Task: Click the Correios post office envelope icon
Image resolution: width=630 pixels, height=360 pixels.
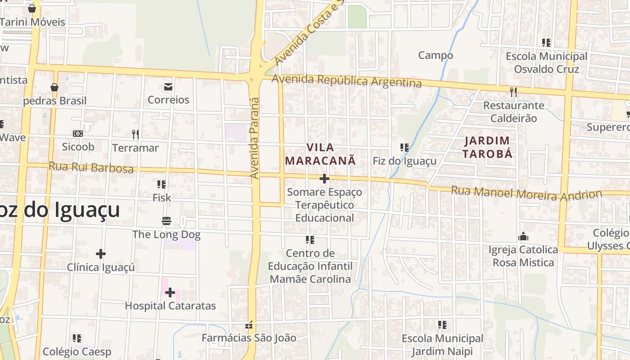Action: pyautogui.click(x=168, y=87)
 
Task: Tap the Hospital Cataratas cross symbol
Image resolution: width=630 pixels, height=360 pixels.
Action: pyautogui.click(x=170, y=293)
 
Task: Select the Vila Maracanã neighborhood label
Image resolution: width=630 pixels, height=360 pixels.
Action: pyautogui.click(x=320, y=154)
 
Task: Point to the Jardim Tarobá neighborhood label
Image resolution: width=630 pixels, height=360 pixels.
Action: pyautogui.click(x=488, y=147)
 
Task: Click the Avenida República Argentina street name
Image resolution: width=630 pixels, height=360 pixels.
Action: pyautogui.click(x=347, y=81)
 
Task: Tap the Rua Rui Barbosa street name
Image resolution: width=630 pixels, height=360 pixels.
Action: pyautogui.click(x=91, y=167)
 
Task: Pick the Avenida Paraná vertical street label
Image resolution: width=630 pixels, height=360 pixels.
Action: pyautogui.click(x=255, y=137)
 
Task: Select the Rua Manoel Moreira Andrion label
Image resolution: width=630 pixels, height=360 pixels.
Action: pyautogui.click(x=526, y=193)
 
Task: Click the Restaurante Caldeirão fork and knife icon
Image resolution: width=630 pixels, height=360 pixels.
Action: pyautogui.click(x=513, y=92)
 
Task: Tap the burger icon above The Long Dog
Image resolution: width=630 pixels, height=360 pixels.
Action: pyautogui.click(x=166, y=221)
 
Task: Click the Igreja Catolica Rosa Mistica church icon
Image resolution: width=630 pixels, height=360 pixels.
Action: pyautogui.click(x=523, y=237)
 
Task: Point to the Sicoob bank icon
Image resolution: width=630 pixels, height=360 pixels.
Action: pyautogui.click(x=78, y=134)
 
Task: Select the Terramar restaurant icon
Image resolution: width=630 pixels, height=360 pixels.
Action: pyautogui.click(x=135, y=134)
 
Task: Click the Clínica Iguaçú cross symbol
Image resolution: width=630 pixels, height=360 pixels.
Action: pyautogui.click(x=101, y=254)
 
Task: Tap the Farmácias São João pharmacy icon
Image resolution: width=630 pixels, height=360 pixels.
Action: pyautogui.click(x=249, y=325)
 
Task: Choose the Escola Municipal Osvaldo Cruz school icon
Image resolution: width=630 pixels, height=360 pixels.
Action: pyautogui.click(x=546, y=43)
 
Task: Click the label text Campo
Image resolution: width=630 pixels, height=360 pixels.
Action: pyautogui.click(x=436, y=55)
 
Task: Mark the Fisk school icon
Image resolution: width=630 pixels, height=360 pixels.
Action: pyautogui.click(x=162, y=184)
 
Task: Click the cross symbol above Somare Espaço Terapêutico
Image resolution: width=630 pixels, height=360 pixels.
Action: pyautogui.click(x=324, y=179)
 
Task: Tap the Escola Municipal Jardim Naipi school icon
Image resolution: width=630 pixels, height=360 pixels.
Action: pyautogui.click(x=442, y=324)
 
